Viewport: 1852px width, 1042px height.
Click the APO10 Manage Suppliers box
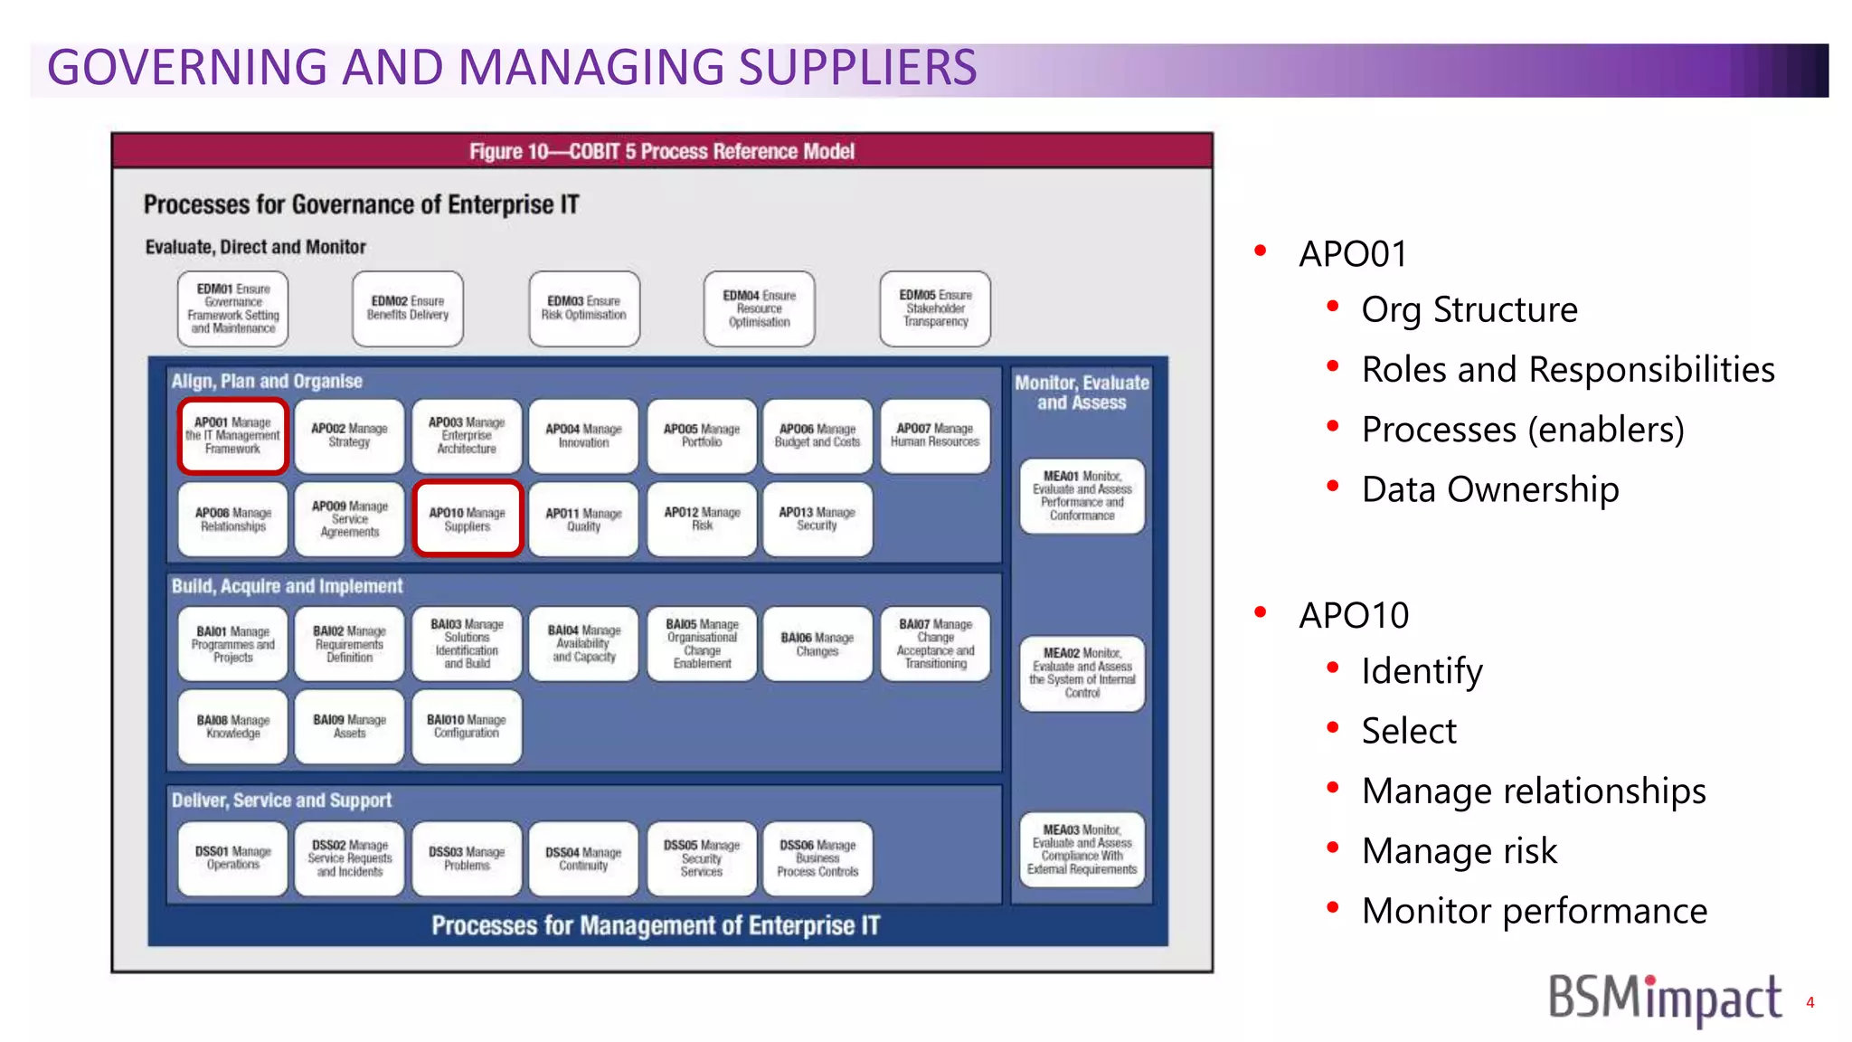[x=468, y=518]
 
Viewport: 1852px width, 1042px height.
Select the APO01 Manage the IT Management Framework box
[x=232, y=435]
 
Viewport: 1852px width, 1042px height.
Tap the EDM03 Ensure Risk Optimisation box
[x=584, y=308]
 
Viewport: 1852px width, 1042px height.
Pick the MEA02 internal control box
[x=1082, y=673]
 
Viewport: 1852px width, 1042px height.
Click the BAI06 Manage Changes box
[x=817, y=644]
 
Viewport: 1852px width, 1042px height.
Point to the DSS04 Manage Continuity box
[x=583, y=858]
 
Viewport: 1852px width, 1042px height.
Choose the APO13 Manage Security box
[x=817, y=518]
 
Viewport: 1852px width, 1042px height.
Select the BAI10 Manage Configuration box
[x=467, y=726]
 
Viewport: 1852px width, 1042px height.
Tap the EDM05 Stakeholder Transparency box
[x=935, y=308]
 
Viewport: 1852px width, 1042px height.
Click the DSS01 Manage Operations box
[x=232, y=858]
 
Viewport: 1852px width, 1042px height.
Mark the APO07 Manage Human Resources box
[x=935, y=435]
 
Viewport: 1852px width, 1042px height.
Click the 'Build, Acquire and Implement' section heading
[x=287, y=586]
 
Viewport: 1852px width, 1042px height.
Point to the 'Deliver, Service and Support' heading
[x=281, y=800]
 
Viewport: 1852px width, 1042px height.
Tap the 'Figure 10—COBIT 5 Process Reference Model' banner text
[x=661, y=151]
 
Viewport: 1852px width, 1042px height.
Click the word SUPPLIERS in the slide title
[x=857, y=68]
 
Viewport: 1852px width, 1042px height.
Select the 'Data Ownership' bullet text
[x=1489, y=489]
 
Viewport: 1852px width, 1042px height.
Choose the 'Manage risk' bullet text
[x=1459, y=851]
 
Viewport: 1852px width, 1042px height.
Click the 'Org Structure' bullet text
[x=1469, y=309]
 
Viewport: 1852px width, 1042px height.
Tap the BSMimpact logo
[x=1664, y=999]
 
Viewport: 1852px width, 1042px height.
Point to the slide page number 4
[x=1809, y=1002]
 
